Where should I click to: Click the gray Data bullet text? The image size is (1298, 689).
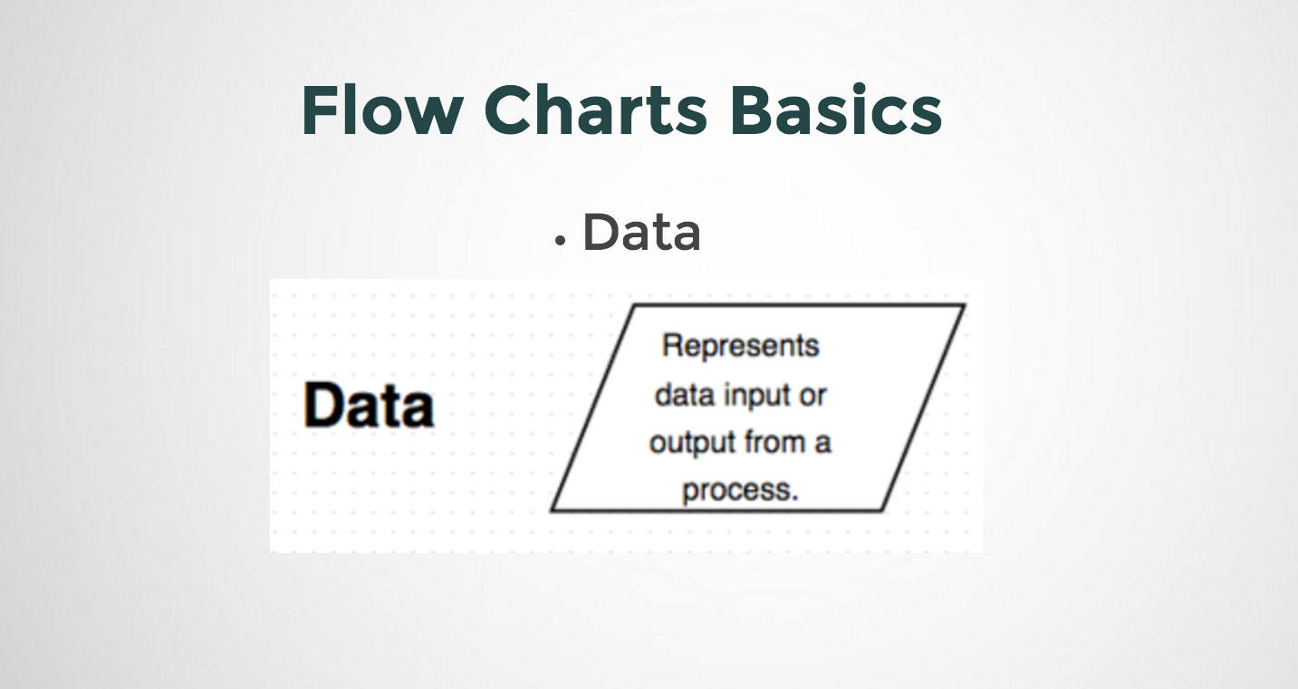point(641,233)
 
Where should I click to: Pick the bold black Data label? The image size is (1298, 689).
point(369,405)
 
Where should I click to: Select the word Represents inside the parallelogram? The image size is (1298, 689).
point(740,346)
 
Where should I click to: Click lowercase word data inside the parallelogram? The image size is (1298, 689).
point(685,396)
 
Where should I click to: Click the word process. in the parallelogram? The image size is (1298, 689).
point(740,491)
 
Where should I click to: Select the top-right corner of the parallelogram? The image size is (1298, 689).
point(963,306)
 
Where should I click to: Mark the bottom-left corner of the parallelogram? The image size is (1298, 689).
point(552,510)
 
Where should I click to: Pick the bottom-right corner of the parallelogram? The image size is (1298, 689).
point(882,510)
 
